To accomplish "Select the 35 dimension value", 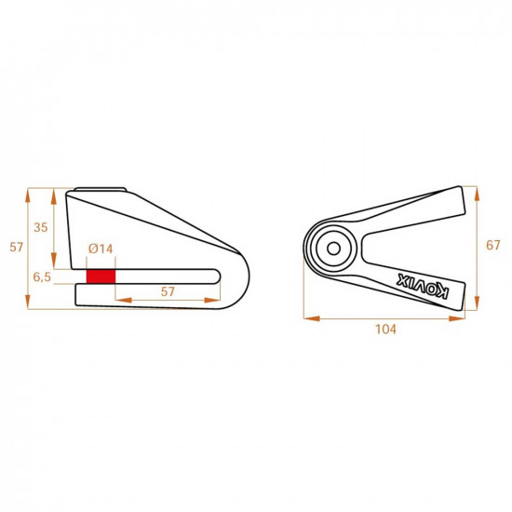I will [x=40, y=227].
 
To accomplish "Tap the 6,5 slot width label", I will [x=41, y=277].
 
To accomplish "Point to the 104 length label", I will [x=385, y=330].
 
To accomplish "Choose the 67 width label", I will [x=493, y=246].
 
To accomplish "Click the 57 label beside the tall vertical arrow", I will [x=14, y=247].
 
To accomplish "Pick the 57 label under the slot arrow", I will [x=168, y=291].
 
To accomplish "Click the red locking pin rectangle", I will [x=101, y=276].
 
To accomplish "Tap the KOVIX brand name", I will [x=424, y=286].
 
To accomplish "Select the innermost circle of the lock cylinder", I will [x=331, y=248].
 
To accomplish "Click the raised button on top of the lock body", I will [x=96, y=190].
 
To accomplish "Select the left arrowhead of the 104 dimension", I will [x=308, y=318].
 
